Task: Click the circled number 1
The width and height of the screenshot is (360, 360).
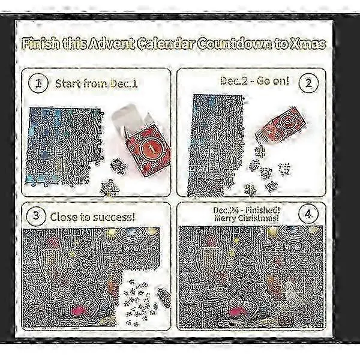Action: (38, 83)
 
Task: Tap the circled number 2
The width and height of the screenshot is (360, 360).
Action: (308, 83)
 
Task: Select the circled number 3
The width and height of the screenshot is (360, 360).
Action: (36, 216)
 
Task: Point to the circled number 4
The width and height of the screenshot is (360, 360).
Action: (308, 214)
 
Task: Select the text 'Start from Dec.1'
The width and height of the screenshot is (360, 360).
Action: (97, 83)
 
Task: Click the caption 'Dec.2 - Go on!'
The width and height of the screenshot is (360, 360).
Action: (254, 81)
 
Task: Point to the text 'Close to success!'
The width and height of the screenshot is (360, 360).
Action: (92, 217)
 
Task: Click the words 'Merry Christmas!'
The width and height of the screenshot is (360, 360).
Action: (247, 218)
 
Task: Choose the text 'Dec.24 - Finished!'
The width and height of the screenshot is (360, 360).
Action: (247, 210)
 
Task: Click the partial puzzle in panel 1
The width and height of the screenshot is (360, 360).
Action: (64, 147)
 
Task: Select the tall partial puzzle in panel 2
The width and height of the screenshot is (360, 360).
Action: (216, 145)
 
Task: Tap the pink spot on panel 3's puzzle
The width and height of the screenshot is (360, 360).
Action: (79, 311)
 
